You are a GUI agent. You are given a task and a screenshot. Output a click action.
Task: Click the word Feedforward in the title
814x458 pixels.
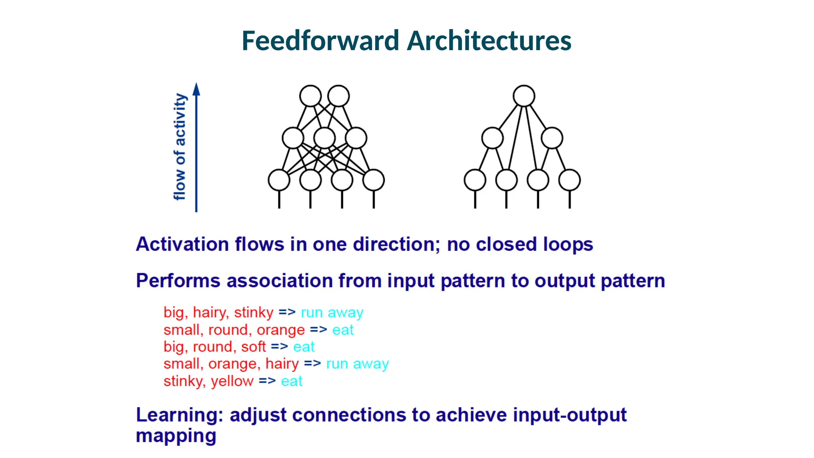pos(320,41)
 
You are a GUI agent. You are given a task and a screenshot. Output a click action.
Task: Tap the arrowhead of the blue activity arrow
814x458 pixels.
pos(196,89)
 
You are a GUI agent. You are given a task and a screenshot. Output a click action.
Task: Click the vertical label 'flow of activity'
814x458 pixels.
pos(180,147)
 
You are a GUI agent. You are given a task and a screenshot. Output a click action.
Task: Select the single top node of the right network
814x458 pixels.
pos(523,96)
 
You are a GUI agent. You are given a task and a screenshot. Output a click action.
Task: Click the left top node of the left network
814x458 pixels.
pos(310,96)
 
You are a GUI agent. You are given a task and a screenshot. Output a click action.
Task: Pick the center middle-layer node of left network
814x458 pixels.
pos(324,138)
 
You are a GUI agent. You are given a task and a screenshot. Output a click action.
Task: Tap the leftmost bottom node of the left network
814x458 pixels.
pos(279,180)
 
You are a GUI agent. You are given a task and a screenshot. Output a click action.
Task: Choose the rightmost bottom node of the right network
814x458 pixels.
pos(569,180)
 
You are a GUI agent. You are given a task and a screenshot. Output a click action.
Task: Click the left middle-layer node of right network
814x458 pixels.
pos(492,138)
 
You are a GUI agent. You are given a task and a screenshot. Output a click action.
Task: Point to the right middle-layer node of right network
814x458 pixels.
pos(552,138)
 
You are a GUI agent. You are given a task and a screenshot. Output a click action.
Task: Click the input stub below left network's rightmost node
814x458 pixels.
pos(374,200)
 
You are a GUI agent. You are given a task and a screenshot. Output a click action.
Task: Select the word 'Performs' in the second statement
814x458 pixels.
pos(178,281)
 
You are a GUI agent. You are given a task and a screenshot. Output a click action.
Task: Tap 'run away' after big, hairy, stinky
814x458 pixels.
pos(332,312)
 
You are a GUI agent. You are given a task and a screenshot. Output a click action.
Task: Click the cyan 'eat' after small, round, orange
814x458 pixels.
pos(343,330)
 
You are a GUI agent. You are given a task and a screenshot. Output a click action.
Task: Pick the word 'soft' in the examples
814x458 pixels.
pos(253,347)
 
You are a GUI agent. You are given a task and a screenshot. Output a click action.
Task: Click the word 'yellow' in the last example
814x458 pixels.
pos(232,381)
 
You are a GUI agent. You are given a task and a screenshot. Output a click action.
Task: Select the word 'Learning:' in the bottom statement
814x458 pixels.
pos(179,415)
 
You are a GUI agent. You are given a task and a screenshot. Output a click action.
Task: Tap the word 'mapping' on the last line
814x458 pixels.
pos(176,436)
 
